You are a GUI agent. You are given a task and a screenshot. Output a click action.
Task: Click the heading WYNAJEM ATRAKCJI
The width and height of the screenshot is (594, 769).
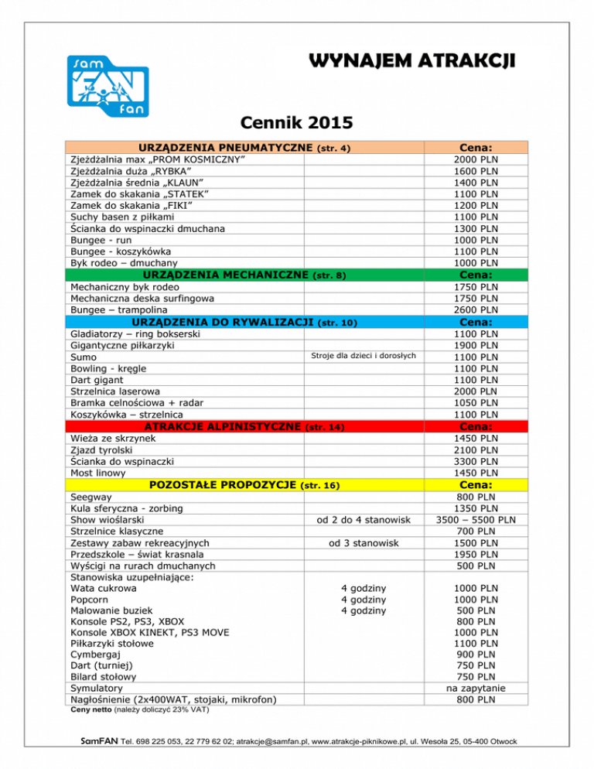coord(409,60)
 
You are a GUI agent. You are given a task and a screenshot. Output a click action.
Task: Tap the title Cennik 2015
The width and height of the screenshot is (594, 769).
coord(297,121)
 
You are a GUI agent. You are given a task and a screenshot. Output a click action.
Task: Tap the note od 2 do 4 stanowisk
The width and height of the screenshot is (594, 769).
coord(364,519)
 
